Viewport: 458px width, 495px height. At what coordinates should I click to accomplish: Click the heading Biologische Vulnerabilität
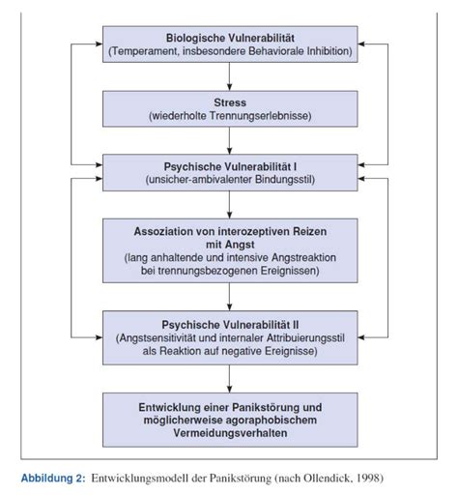[x=230, y=38]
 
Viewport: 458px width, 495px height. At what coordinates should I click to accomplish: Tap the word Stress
[x=230, y=102]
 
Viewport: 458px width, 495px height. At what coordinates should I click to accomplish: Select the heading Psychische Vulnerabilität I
[x=230, y=166]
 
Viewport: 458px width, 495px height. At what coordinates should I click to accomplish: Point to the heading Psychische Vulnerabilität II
[x=230, y=325]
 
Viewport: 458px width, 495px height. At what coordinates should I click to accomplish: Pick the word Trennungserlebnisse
[x=260, y=116]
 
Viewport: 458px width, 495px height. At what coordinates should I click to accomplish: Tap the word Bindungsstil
[x=283, y=180]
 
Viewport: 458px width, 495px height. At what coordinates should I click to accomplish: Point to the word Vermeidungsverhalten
[x=230, y=433]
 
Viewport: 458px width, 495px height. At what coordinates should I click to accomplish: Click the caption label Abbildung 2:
[x=53, y=478]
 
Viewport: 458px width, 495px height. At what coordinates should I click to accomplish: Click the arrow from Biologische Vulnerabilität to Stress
[x=229, y=76]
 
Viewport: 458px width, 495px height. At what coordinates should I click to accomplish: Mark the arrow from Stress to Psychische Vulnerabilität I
[x=229, y=141]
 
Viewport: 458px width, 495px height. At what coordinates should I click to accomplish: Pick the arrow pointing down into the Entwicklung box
[x=229, y=379]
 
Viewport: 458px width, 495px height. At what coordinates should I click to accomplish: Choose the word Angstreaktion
[x=303, y=258]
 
